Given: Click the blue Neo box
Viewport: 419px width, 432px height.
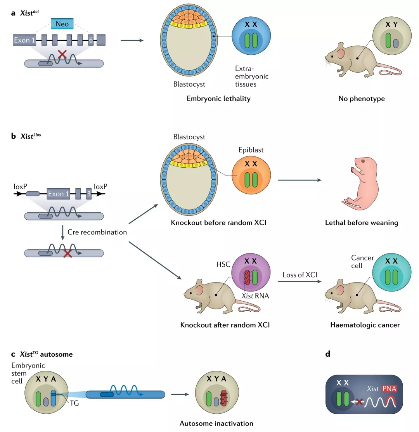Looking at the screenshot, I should (x=62, y=24).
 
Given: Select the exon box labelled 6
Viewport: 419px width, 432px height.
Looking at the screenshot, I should (x=90, y=40).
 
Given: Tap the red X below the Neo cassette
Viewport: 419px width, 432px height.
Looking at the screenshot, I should (x=62, y=55).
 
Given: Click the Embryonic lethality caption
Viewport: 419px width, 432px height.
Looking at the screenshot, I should (x=218, y=99).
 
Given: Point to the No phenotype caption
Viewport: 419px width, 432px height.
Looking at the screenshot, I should (x=362, y=99).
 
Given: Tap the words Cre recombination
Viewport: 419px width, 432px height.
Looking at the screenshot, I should (x=97, y=232).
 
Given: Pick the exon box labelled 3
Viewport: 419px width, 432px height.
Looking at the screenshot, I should (x=89, y=193).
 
